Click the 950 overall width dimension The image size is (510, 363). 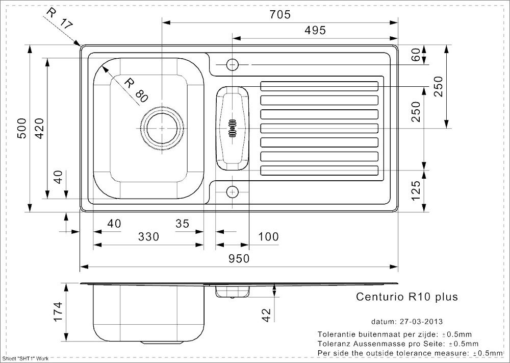pyautogui.click(x=239, y=258)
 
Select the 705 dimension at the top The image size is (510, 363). pyautogui.click(x=280, y=14)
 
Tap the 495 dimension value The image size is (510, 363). pyautogui.click(x=315, y=30)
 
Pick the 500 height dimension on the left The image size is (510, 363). pyautogui.click(x=21, y=128)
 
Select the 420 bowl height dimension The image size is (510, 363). pyautogui.click(x=39, y=128)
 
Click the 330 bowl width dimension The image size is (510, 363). pyautogui.click(x=148, y=236)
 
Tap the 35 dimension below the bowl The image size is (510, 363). pyautogui.click(x=182, y=223)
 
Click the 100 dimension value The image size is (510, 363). pyautogui.click(x=268, y=236)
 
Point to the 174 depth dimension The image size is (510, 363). pyautogui.click(x=58, y=312)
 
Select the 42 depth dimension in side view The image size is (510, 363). pyautogui.click(x=266, y=315)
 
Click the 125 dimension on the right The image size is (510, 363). pyautogui.click(x=416, y=191)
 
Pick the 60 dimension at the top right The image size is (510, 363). pyautogui.click(x=416, y=54)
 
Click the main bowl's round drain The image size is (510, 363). pyautogui.click(x=162, y=128)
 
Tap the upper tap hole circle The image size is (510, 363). pyautogui.click(x=232, y=65)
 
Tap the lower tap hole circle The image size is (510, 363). pyautogui.click(x=232, y=192)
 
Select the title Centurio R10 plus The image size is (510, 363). pyautogui.click(x=407, y=297)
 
